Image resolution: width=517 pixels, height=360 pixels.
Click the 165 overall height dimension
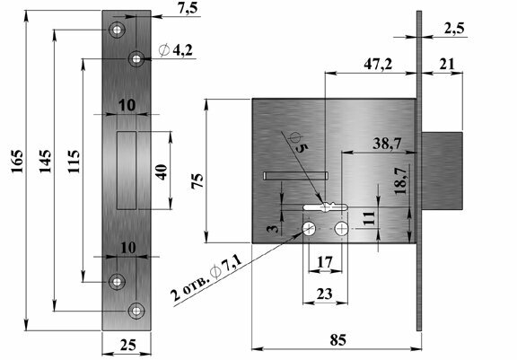point(17,162)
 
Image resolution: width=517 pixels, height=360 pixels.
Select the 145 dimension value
point(45,162)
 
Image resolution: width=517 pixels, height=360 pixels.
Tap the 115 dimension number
point(74,162)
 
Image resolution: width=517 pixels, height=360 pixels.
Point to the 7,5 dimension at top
point(188,8)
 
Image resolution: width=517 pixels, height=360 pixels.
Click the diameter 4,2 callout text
point(176,50)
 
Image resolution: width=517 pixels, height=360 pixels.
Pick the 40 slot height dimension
point(162,171)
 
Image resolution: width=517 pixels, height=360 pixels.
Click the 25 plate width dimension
point(128,345)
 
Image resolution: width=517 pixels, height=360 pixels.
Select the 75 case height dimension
point(197,181)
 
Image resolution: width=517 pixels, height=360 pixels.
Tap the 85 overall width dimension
point(338,340)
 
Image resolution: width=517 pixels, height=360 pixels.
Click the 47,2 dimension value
point(378,65)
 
